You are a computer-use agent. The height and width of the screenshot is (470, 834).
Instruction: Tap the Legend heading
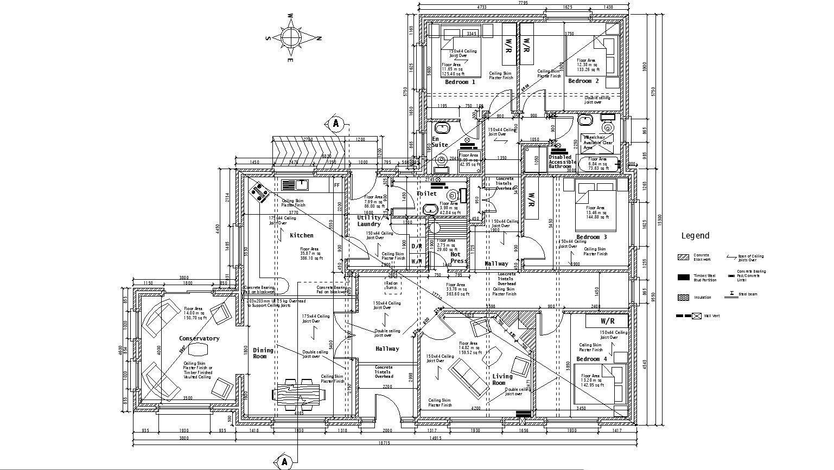[695, 236]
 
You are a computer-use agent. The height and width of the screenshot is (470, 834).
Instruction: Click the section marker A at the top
[336, 124]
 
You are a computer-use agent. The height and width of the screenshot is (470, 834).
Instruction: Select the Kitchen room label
[301, 235]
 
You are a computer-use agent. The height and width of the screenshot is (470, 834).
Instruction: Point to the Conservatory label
[199, 338]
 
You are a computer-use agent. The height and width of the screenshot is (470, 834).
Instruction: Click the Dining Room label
[263, 353]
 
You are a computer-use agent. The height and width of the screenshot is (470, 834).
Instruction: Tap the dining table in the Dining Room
[300, 394]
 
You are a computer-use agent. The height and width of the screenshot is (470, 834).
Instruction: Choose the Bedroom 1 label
[460, 82]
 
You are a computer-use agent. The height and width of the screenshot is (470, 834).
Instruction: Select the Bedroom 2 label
[583, 81]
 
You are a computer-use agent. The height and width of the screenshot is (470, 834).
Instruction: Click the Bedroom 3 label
[591, 237]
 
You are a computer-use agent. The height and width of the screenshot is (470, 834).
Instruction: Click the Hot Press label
[457, 257]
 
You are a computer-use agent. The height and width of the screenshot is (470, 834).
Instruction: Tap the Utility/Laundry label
[369, 221]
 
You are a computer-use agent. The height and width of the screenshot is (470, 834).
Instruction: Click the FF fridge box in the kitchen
[336, 185]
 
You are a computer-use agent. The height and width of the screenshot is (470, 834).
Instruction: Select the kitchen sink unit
[294, 185]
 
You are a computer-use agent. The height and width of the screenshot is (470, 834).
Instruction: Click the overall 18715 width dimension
[384, 443]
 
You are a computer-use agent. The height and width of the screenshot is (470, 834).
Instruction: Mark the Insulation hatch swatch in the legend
[683, 298]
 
